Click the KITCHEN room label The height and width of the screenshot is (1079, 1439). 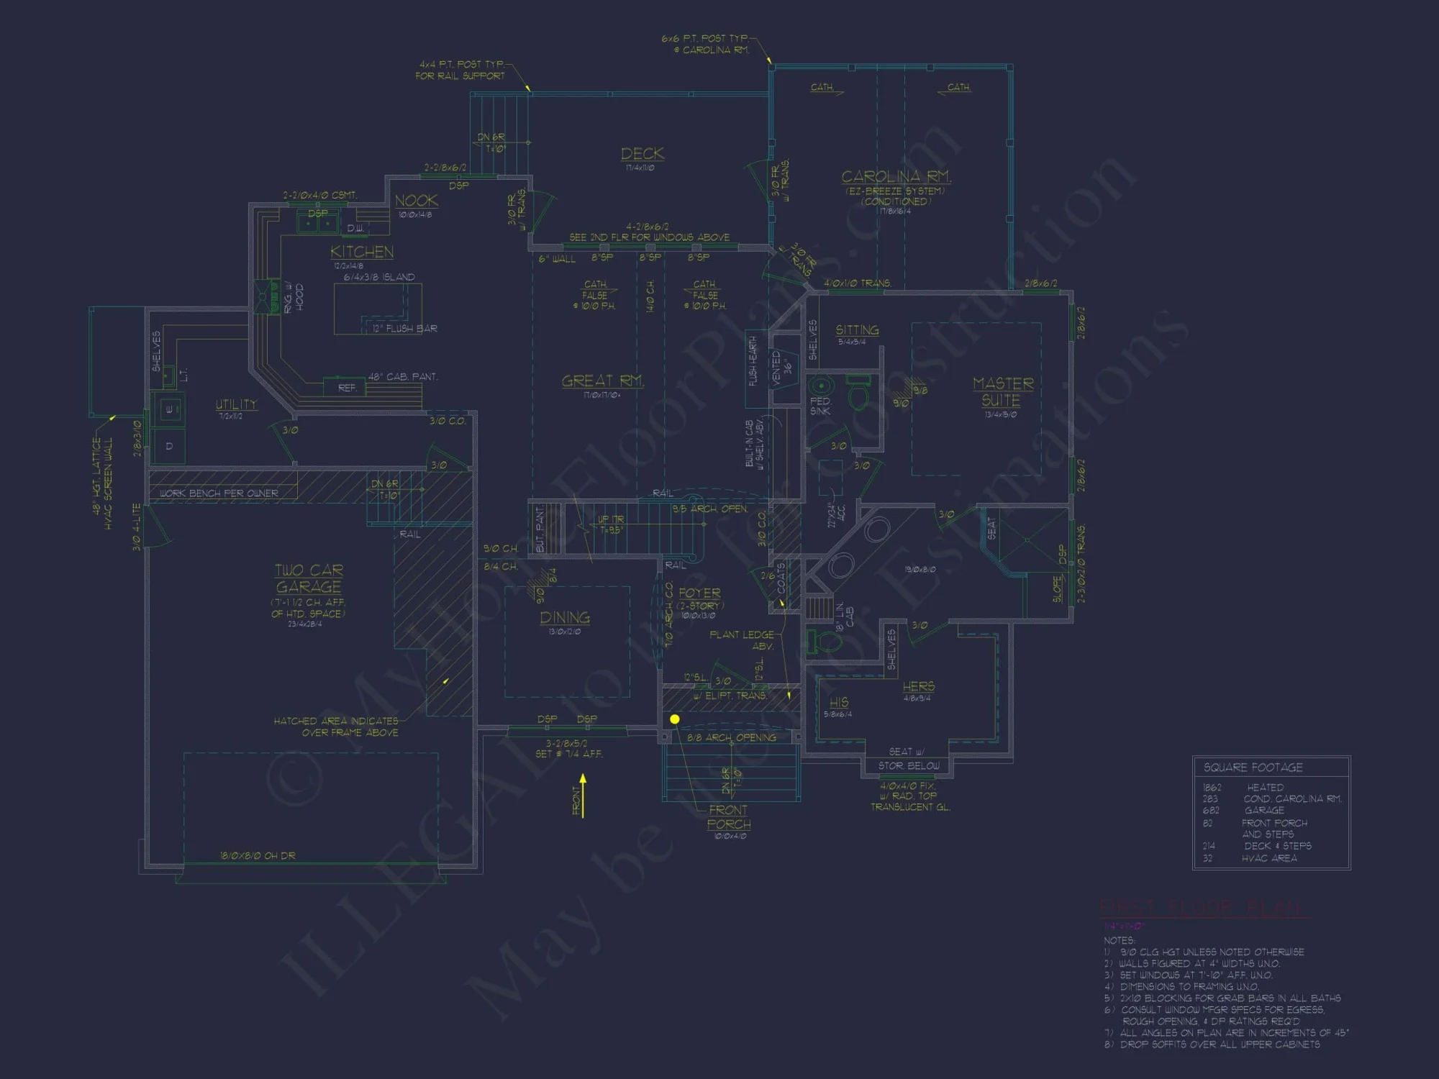tap(362, 252)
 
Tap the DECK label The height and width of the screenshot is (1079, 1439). tap(643, 154)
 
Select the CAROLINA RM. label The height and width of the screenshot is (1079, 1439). tap(896, 177)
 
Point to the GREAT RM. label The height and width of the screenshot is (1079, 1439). tap(602, 381)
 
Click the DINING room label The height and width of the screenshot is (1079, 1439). tap(565, 618)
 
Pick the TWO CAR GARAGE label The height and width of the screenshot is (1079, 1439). tap(309, 578)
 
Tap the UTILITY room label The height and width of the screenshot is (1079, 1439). tap(236, 404)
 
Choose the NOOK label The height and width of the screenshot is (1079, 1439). tap(416, 201)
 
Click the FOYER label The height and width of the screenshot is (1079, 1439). tap(699, 593)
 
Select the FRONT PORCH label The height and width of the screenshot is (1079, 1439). tap(728, 817)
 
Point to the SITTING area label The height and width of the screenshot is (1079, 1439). tap(857, 330)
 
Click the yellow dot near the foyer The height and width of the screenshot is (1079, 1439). tap(675, 719)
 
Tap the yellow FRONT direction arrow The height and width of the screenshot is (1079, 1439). tap(583, 795)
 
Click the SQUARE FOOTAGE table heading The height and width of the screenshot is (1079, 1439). tap(1253, 768)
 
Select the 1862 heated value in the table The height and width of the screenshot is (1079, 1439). tap(1212, 788)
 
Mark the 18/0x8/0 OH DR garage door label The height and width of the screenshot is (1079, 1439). tap(258, 856)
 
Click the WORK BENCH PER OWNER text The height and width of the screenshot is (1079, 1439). tap(219, 493)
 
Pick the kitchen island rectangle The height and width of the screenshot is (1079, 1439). tap(378, 308)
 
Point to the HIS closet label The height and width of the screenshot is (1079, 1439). tap(839, 702)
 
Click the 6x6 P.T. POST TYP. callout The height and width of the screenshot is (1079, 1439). tap(706, 39)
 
